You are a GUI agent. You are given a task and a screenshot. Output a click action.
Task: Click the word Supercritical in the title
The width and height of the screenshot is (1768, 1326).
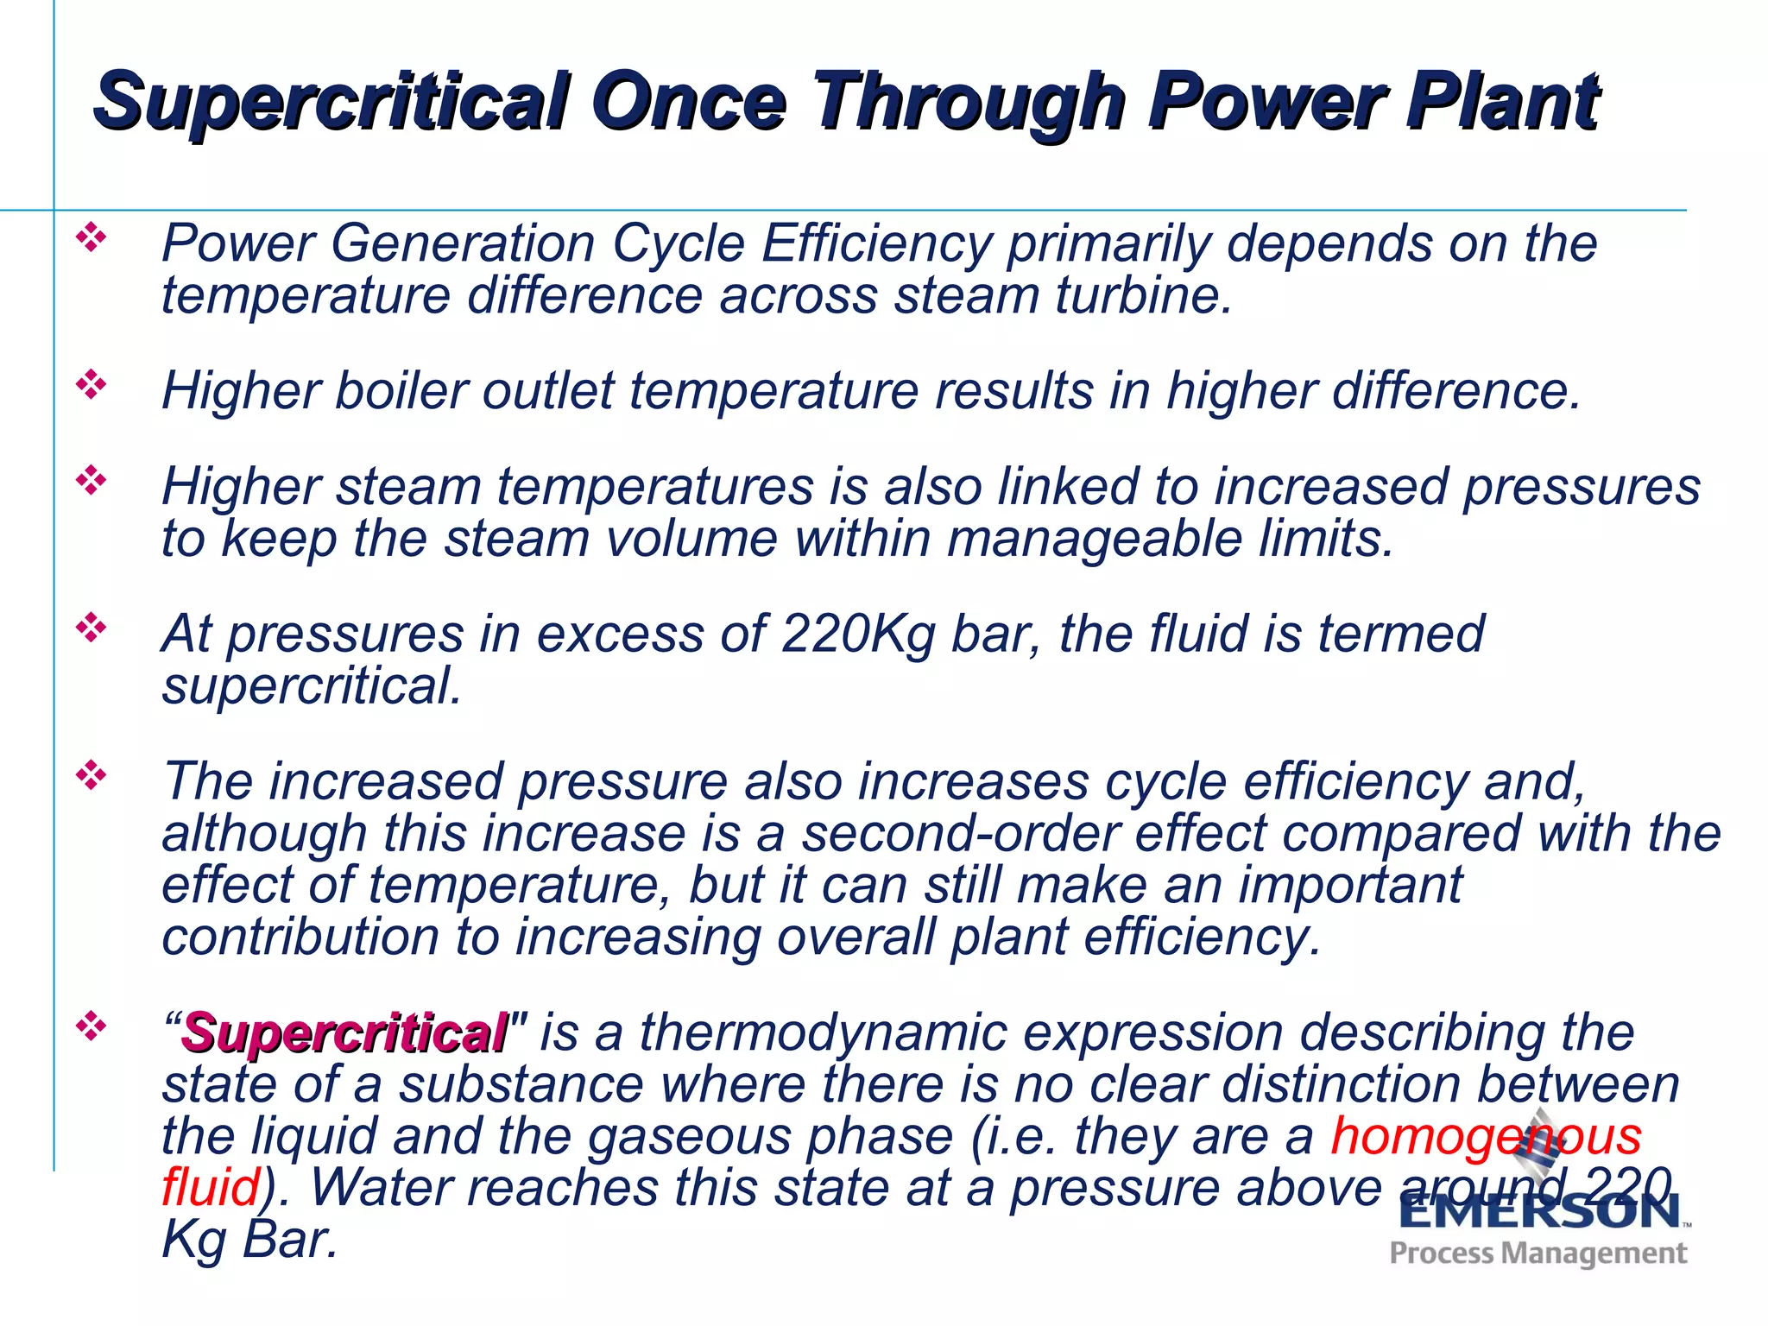pyautogui.click(x=332, y=102)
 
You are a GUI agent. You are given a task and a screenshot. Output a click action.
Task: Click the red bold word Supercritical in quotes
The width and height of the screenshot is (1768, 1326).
pyautogui.click(x=344, y=1033)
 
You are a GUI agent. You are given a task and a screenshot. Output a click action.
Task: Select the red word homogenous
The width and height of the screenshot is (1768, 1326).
pyautogui.click(x=1485, y=1135)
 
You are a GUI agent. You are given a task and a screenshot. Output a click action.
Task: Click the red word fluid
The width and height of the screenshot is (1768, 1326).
pyautogui.click(x=210, y=1187)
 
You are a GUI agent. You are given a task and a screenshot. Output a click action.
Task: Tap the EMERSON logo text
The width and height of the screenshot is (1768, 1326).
pyautogui.click(x=1539, y=1213)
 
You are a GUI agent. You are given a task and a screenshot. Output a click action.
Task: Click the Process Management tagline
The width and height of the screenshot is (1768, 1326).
pyautogui.click(x=1538, y=1253)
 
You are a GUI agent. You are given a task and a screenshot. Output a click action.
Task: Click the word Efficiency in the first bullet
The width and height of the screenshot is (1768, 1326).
pyautogui.click(x=875, y=244)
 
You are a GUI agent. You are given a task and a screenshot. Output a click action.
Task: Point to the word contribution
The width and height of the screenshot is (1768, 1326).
pyautogui.click(x=300, y=938)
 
